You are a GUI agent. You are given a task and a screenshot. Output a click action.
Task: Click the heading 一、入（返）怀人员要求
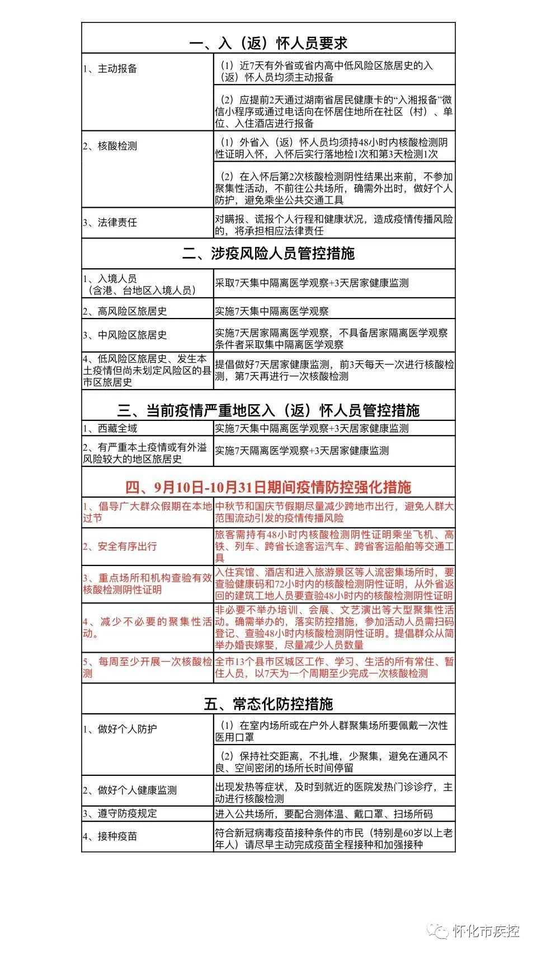pos(268,44)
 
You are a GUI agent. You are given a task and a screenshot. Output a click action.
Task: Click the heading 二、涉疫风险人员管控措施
pos(268,254)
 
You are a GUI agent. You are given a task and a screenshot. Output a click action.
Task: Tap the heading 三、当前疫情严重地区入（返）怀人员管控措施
pos(268,410)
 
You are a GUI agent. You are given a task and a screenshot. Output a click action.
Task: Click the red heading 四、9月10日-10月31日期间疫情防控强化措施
pos(268,487)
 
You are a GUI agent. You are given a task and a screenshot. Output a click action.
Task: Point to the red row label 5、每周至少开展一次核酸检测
pos(147,667)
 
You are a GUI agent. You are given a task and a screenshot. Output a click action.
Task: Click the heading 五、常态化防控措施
pos(268,704)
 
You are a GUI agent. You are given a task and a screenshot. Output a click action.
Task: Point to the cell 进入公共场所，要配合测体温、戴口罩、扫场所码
pos(324,814)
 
